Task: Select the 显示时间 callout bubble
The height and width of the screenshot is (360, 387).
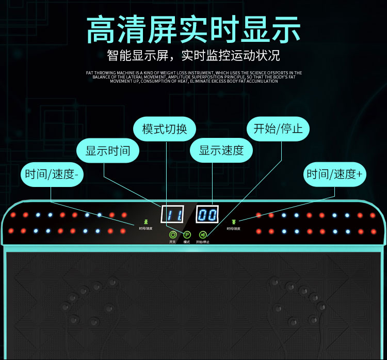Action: [108, 151]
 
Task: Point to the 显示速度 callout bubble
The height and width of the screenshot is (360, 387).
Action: [221, 151]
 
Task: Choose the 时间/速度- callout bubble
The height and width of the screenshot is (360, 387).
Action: [51, 174]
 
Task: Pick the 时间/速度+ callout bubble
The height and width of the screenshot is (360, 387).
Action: [334, 174]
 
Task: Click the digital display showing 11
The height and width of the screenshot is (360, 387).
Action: [173, 214]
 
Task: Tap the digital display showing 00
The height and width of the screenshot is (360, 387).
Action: [207, 214]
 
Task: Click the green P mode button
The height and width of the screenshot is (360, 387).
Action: [187, 234]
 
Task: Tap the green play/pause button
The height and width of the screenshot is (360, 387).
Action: [203, 234]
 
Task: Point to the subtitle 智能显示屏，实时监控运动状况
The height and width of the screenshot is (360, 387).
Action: [193, 55]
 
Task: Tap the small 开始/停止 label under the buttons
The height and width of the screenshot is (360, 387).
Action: [203, 242]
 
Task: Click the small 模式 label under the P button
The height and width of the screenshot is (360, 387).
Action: [187, 242]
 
